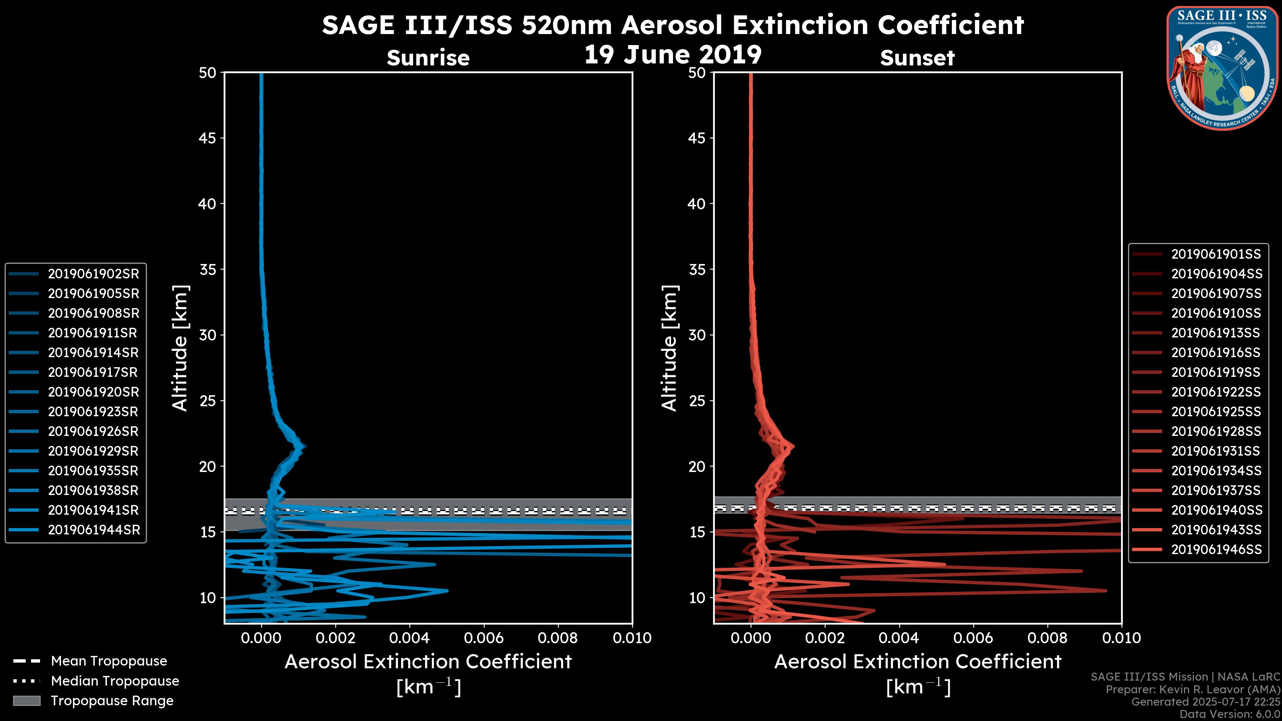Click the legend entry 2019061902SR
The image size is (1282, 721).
click(x=93, y=274)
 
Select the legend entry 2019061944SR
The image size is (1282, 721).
click(x=93, y=530)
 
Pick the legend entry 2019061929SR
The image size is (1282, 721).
click(x=93, y=451)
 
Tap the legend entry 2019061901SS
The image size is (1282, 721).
click(x=1216, y=254)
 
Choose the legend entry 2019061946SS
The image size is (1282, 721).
click(x=1216, y=549)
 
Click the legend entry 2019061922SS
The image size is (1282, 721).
click(x=1216, y=392)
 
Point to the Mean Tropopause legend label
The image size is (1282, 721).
click(x=109, y=661)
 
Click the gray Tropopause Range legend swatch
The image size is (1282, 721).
click(x=27, y=701)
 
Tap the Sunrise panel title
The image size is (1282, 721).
click(x=428, y=58)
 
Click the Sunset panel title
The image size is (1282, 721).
click(x=917, y=58)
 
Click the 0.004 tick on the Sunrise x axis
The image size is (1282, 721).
click(x=410, y=638)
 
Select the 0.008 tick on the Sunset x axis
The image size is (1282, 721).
click(x=1048, y=638)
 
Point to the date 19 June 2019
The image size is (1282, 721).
click(x=672, y=55)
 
